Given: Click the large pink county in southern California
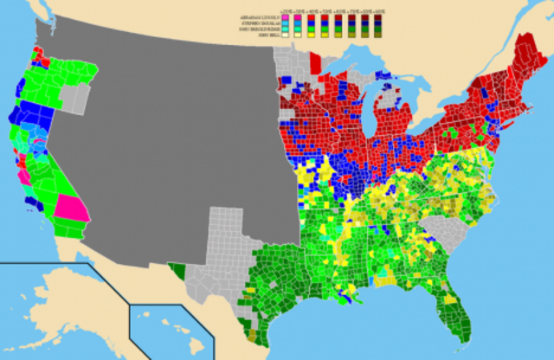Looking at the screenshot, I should tap(73, 208).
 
